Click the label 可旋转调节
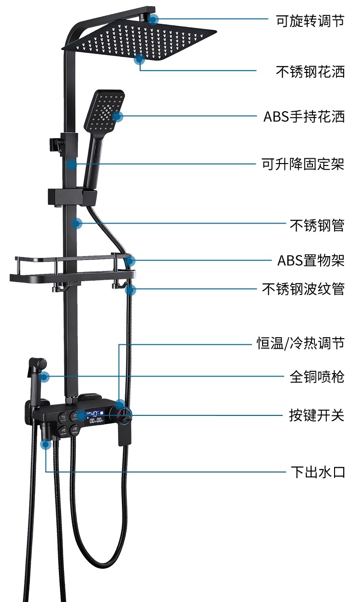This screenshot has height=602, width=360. [x=310, y=21]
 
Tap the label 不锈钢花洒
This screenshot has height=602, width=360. [x=310, y=71]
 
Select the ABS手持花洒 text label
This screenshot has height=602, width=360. [x=304, y=117]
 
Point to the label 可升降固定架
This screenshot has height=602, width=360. [x=303, y=165]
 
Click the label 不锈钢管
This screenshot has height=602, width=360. [x=317, y=224]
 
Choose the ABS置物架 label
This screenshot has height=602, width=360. [x=311, y=260]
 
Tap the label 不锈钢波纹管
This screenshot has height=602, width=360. [x=303, y=289]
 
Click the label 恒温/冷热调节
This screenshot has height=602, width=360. [x=300, y=343]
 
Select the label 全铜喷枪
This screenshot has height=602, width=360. [x=317, y=377]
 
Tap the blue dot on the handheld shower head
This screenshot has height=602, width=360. [x=118, y=116]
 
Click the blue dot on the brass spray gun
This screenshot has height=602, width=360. [x=44, y=377]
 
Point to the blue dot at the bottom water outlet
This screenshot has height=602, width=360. [x=46, y=445]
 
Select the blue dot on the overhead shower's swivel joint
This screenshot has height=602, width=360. [x=153, y=19]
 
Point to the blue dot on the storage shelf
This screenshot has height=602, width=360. [x=131, y=260]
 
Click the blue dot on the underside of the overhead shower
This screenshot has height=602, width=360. [x=140, y=59]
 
